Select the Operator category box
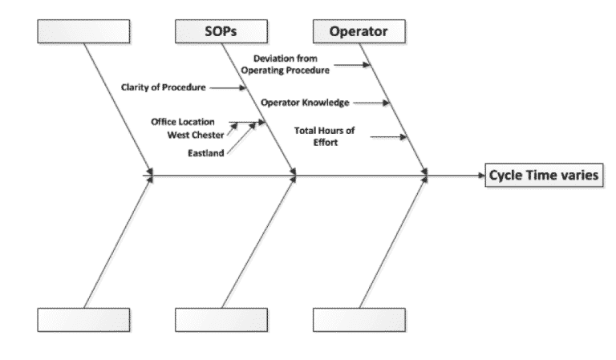(x=359, y=31)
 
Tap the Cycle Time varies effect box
(x=541, y=176)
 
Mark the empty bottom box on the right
(x=359, y=318)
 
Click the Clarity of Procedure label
(x=164, y=86)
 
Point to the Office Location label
(x=183, y=122)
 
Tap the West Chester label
(x=197, y=135)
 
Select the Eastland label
(x=206, y=152)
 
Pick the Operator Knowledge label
(x=305, y=103)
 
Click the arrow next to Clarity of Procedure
(x=229, y=86)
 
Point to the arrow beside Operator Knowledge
(x=371, y=103)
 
